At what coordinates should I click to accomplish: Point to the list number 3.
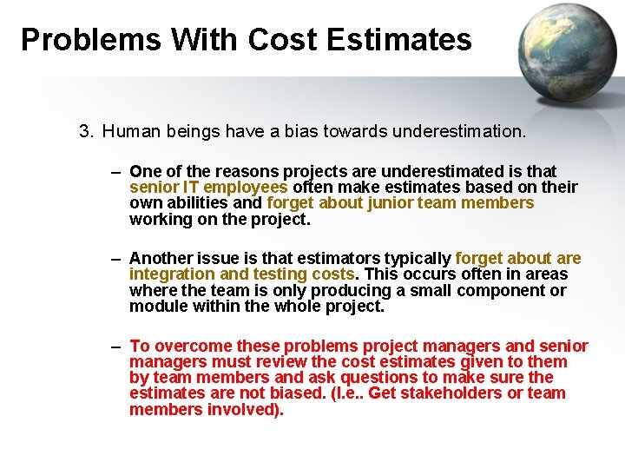84,132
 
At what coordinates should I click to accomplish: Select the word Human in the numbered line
127,132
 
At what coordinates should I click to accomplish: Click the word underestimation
458,132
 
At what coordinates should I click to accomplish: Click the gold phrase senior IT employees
208,188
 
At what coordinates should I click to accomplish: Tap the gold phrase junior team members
450,203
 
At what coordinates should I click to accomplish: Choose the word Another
162,259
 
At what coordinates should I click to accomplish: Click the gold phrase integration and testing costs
241,274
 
